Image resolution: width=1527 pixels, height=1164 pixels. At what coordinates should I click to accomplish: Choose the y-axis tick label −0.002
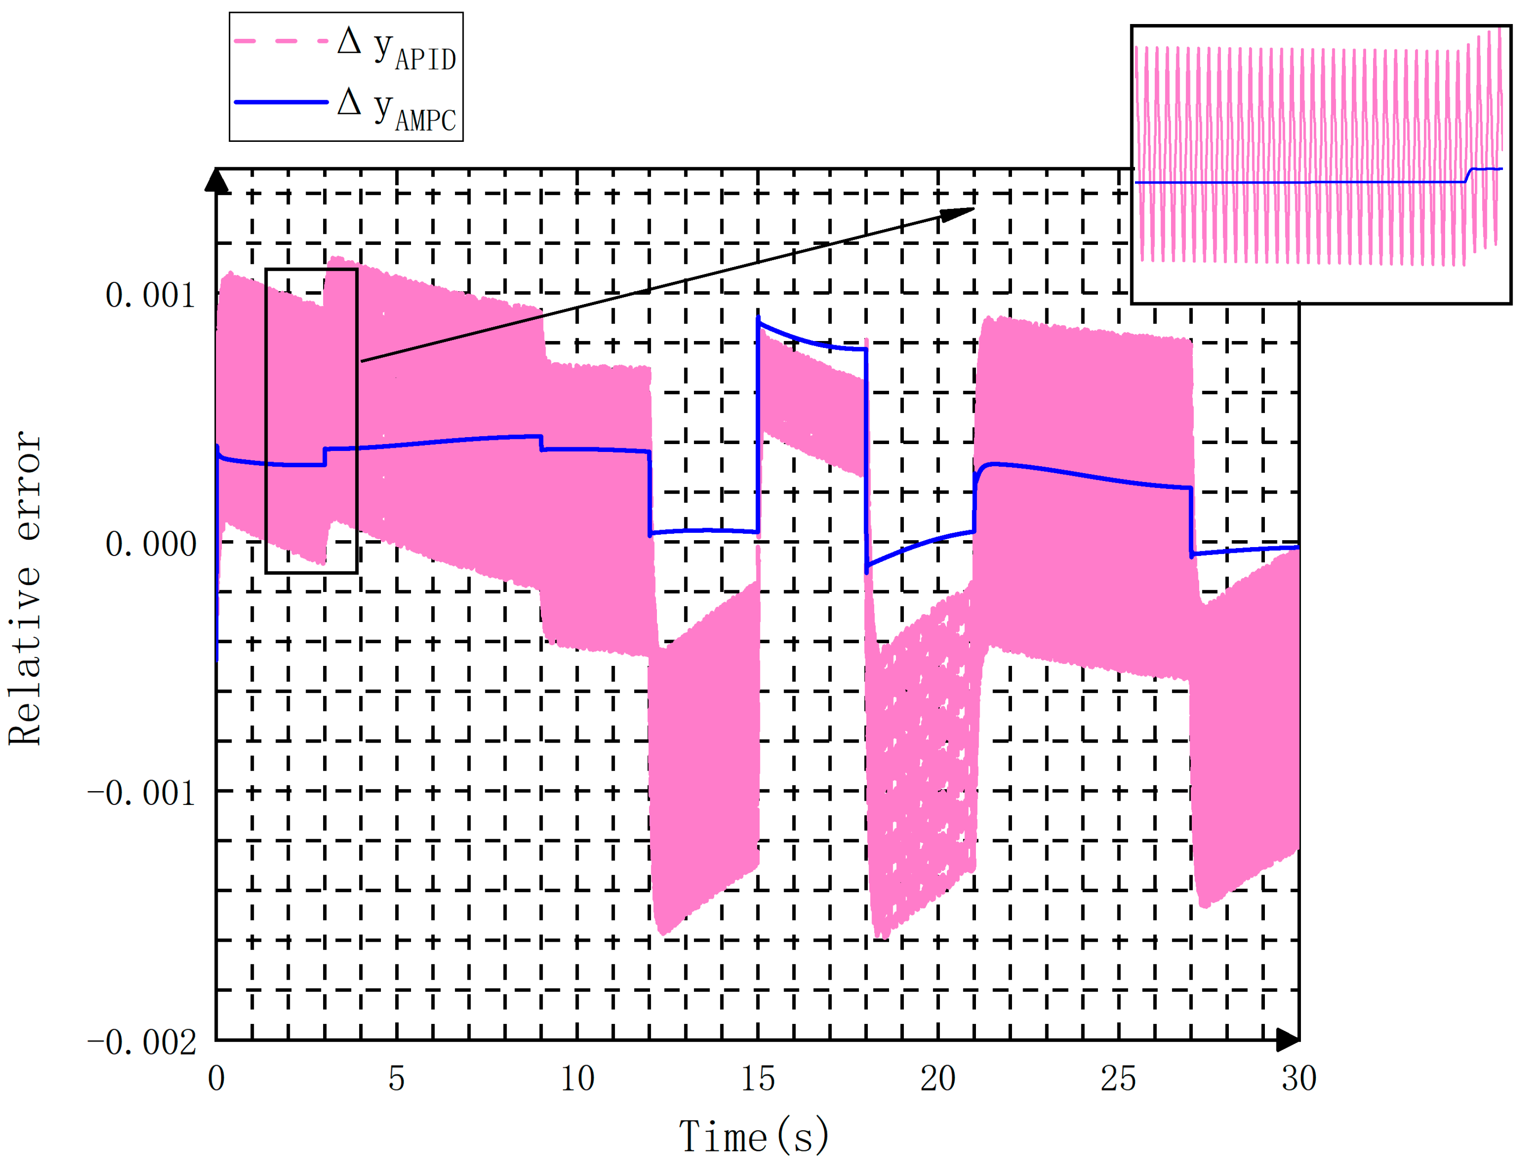[x=142, y=1042]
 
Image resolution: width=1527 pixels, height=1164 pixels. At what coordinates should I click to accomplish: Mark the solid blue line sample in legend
[x=281, y=102]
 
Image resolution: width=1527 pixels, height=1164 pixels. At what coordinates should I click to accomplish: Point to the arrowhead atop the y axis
[x=217, y=180]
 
